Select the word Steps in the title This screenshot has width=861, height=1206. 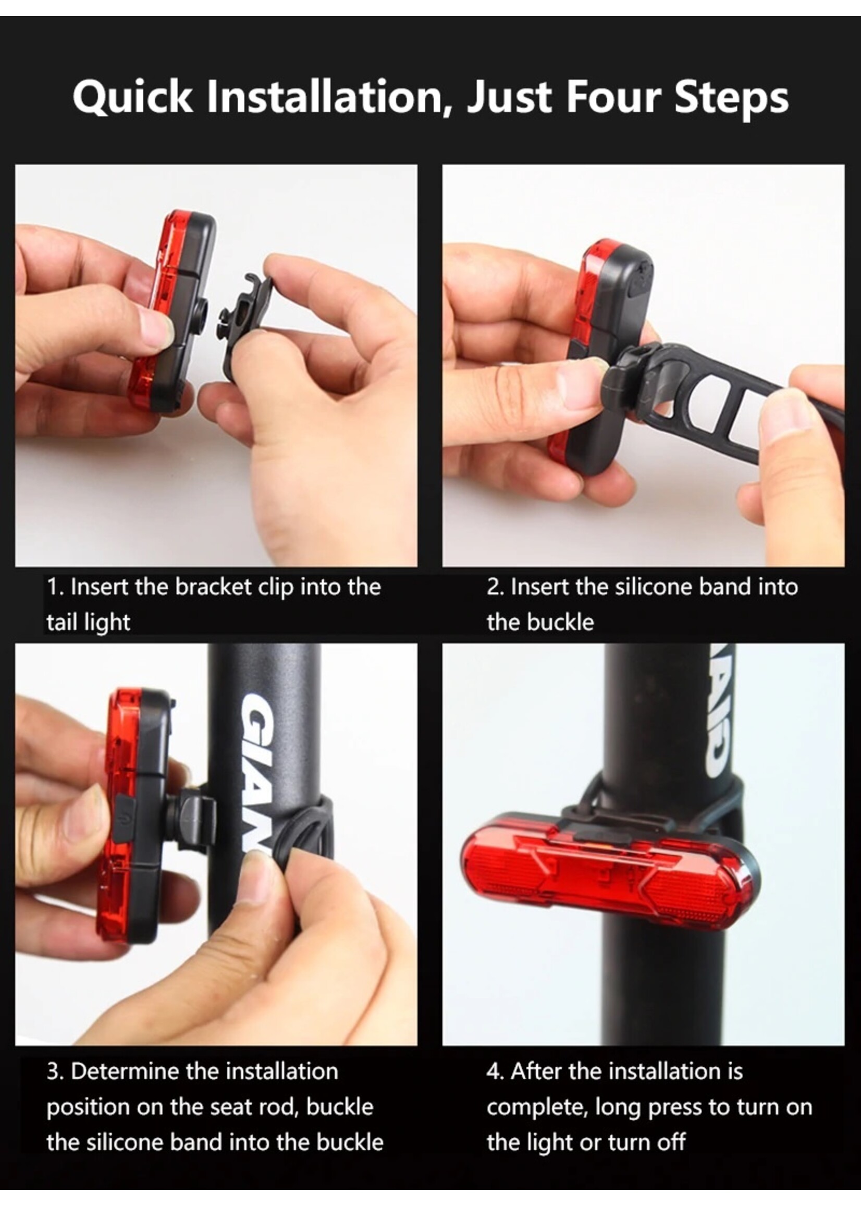732,98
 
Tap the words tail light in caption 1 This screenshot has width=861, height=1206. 88,622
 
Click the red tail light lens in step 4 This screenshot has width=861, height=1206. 605,870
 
